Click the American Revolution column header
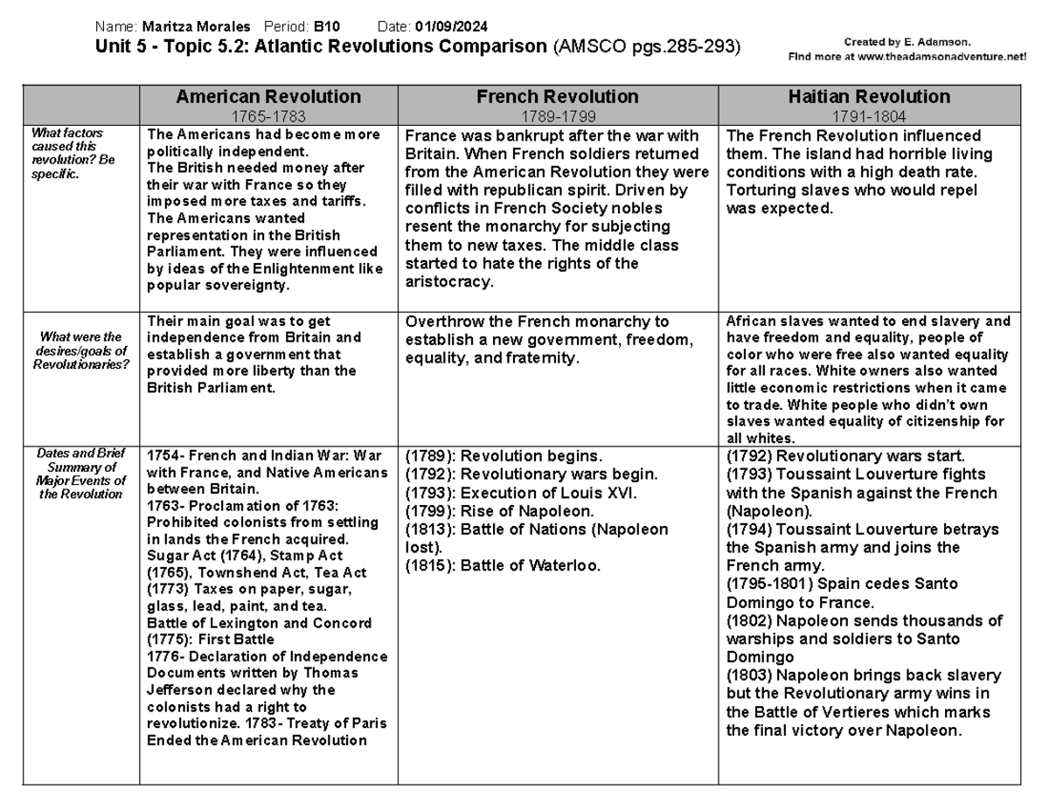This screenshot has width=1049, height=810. pos(267,96)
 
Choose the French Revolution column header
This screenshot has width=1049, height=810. pos(557,96)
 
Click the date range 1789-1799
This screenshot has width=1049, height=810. pos(557,115)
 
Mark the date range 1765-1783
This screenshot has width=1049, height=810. pos(267,115)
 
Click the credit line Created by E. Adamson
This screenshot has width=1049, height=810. pos(907,42)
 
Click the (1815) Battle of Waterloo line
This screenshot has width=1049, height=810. pos(503,565)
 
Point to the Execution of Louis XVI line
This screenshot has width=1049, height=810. pos(520,493)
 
